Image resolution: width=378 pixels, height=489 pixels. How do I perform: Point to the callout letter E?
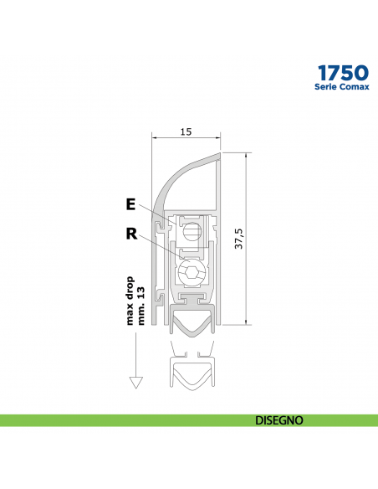(130, 203)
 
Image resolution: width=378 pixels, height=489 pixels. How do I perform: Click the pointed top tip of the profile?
(218, 154)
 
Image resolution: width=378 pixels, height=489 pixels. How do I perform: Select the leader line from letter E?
(155, 215)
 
